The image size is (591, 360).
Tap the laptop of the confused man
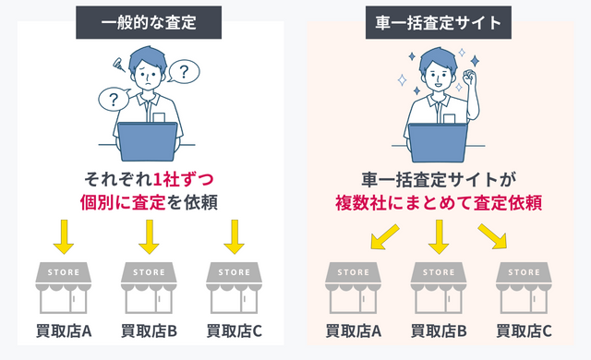149,138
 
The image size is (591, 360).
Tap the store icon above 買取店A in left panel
63,288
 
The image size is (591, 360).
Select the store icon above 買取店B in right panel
439,288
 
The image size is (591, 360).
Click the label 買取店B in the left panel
149,330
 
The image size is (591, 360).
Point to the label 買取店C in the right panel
525,330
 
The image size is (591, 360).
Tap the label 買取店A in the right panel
354,330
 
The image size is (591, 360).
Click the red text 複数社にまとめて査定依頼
439,201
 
